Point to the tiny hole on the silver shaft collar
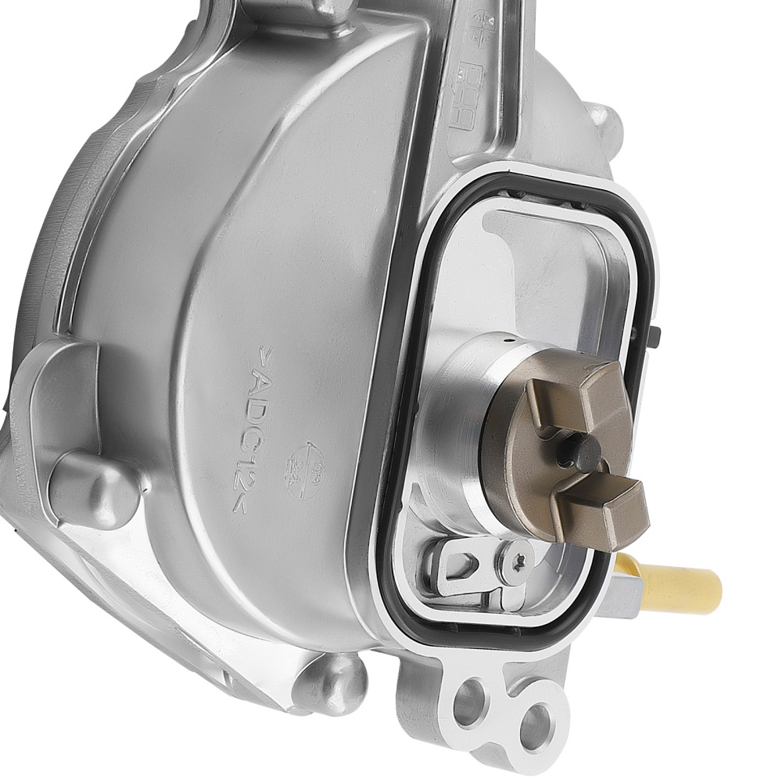point(508,342)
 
